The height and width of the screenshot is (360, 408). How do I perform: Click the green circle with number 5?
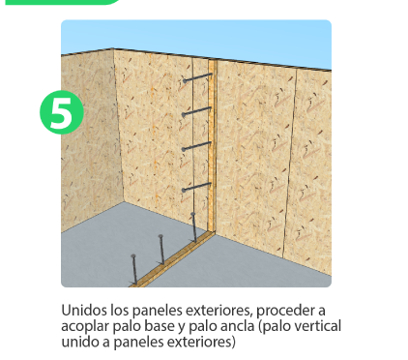pos(62,112)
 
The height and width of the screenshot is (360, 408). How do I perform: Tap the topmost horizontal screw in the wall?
pos(197,77)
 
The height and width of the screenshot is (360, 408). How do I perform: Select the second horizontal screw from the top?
pos(196,112)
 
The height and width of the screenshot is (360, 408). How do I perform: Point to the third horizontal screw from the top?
pos(196,146)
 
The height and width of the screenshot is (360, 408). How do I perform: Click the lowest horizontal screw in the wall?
pos(196,188)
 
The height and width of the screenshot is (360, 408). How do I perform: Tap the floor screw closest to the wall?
pos(194,227)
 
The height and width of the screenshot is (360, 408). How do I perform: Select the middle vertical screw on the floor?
pos(161,250)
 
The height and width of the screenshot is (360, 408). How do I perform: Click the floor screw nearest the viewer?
pos(134,269)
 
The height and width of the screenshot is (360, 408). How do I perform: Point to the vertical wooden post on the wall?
pos(212,146)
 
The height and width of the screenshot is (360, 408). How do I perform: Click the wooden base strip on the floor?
pos(172,259)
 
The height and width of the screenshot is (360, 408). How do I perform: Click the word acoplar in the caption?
pos(85,327)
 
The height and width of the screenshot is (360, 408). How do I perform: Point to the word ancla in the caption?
pos(239,326)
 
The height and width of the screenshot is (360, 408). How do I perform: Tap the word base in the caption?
pos(159,326)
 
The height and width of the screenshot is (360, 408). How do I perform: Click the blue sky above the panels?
pos(196,37)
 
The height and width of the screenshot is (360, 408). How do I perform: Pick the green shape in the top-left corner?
pos(62,2)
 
